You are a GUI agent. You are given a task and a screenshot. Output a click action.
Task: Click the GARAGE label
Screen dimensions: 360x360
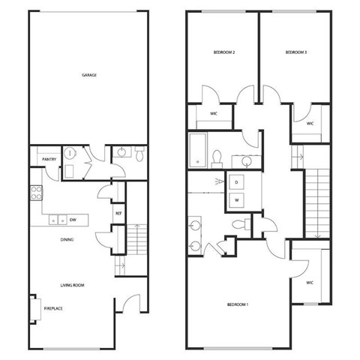pyautogui.click(x=91, y=75)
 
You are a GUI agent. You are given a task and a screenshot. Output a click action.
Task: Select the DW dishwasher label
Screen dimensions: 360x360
pyautogui.click(x=73, y=220)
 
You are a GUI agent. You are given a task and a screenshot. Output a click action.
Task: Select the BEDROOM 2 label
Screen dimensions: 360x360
pyautogui.click(x=224, y=52)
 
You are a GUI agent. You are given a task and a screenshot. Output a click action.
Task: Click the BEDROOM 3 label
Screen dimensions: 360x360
pyautogui.click(x=296, y=52)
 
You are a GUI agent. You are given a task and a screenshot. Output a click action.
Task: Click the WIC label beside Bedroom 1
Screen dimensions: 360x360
pyautogui.click(x=309, y=283)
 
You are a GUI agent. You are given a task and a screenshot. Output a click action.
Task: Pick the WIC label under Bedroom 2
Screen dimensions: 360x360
pyautogui.click(x=214, y=114)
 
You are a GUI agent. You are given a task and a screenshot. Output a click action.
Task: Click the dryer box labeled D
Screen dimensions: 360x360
pyautogui.click(x=237, y=182)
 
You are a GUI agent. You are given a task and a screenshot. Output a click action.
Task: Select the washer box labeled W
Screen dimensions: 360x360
pyautogui.click(x=237, y=199)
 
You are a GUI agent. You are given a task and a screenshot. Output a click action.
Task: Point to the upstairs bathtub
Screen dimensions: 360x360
pyautogui.click(x=198, y=151)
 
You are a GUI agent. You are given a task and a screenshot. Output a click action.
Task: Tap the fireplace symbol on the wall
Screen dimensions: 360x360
pyautogui.click(x=34, y=307)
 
